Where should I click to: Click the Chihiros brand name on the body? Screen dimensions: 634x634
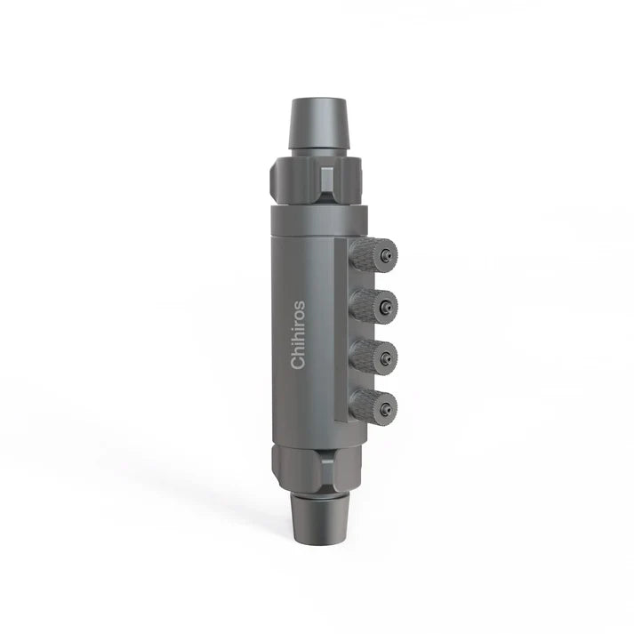298,334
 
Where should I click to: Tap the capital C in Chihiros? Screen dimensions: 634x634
298,362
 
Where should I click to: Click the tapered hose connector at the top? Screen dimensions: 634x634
317,124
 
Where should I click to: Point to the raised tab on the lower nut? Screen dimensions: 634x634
326,461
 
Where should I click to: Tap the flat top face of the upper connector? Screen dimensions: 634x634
317,99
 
